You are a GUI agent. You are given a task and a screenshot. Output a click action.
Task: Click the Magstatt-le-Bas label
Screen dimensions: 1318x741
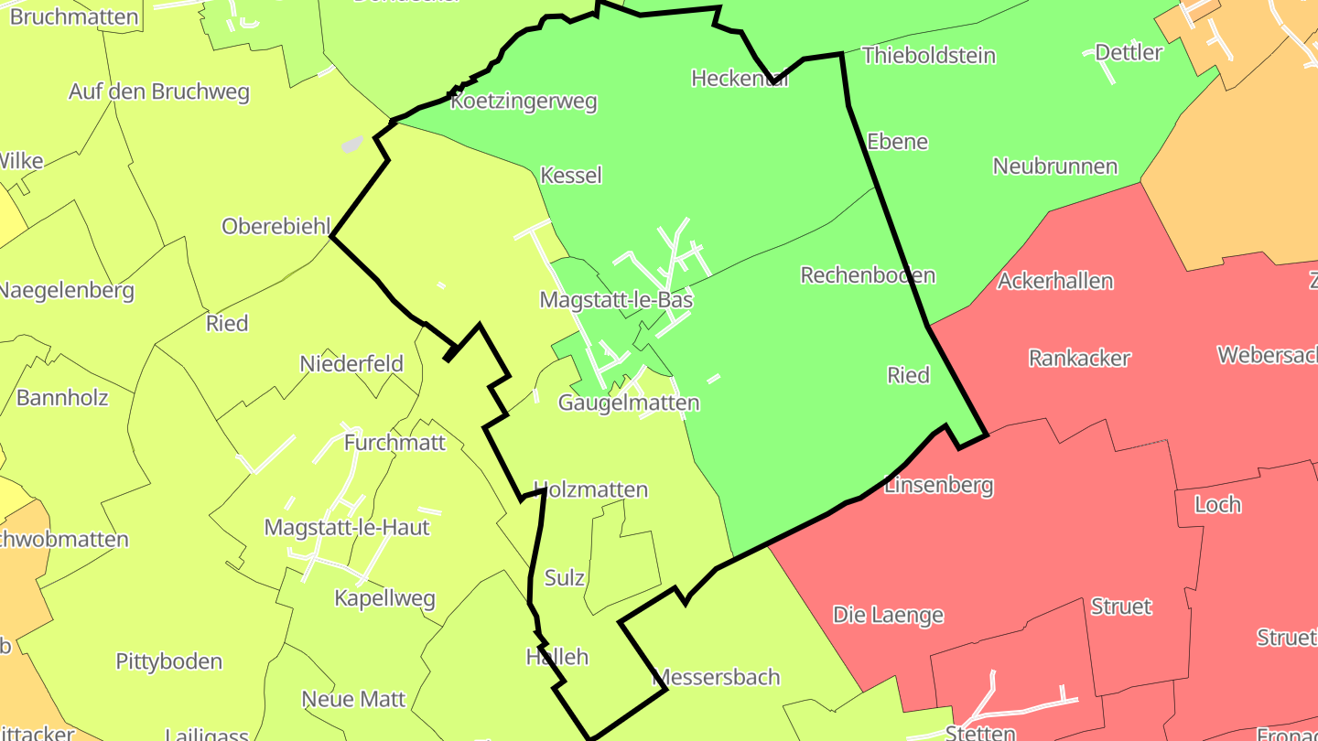point(616,300)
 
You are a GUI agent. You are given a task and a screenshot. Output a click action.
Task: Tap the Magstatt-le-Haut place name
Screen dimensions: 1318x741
point(347,527)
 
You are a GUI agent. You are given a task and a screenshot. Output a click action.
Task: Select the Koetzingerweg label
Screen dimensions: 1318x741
point(524,102)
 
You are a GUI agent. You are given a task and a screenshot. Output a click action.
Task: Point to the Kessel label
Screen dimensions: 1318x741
point(571,175)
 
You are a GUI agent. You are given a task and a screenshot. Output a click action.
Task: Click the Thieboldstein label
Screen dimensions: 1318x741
point(928,56)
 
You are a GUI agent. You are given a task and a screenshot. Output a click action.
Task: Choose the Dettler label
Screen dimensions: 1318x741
point(1128,52)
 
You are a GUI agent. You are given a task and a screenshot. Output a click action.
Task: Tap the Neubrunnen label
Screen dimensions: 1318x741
point(1054,166)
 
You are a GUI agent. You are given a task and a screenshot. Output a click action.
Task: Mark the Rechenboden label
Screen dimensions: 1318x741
point(868,275)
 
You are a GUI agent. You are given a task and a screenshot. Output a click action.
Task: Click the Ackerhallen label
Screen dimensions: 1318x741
point(1054,281)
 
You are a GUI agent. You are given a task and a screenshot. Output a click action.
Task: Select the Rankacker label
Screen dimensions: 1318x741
point(1079,358)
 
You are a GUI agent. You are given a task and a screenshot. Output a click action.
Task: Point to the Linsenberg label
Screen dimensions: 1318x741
point(938,485)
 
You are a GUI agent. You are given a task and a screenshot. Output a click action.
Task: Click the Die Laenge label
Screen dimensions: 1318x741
point(888,615)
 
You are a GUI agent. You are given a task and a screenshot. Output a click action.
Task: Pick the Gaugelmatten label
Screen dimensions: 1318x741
point(629,403)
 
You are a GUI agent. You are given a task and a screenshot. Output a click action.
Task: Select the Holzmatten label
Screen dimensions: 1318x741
point(590,489)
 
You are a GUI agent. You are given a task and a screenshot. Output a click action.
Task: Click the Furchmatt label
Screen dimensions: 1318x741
point(394,443)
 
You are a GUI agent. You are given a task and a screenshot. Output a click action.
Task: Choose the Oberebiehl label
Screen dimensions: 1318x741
point(275,226)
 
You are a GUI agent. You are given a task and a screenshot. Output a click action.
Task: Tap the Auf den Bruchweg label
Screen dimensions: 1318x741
point(159,92)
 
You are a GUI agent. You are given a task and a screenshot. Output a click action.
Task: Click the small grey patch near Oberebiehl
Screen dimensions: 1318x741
point(352,145)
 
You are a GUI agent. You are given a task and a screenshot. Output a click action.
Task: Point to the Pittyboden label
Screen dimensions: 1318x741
point(169,661)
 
